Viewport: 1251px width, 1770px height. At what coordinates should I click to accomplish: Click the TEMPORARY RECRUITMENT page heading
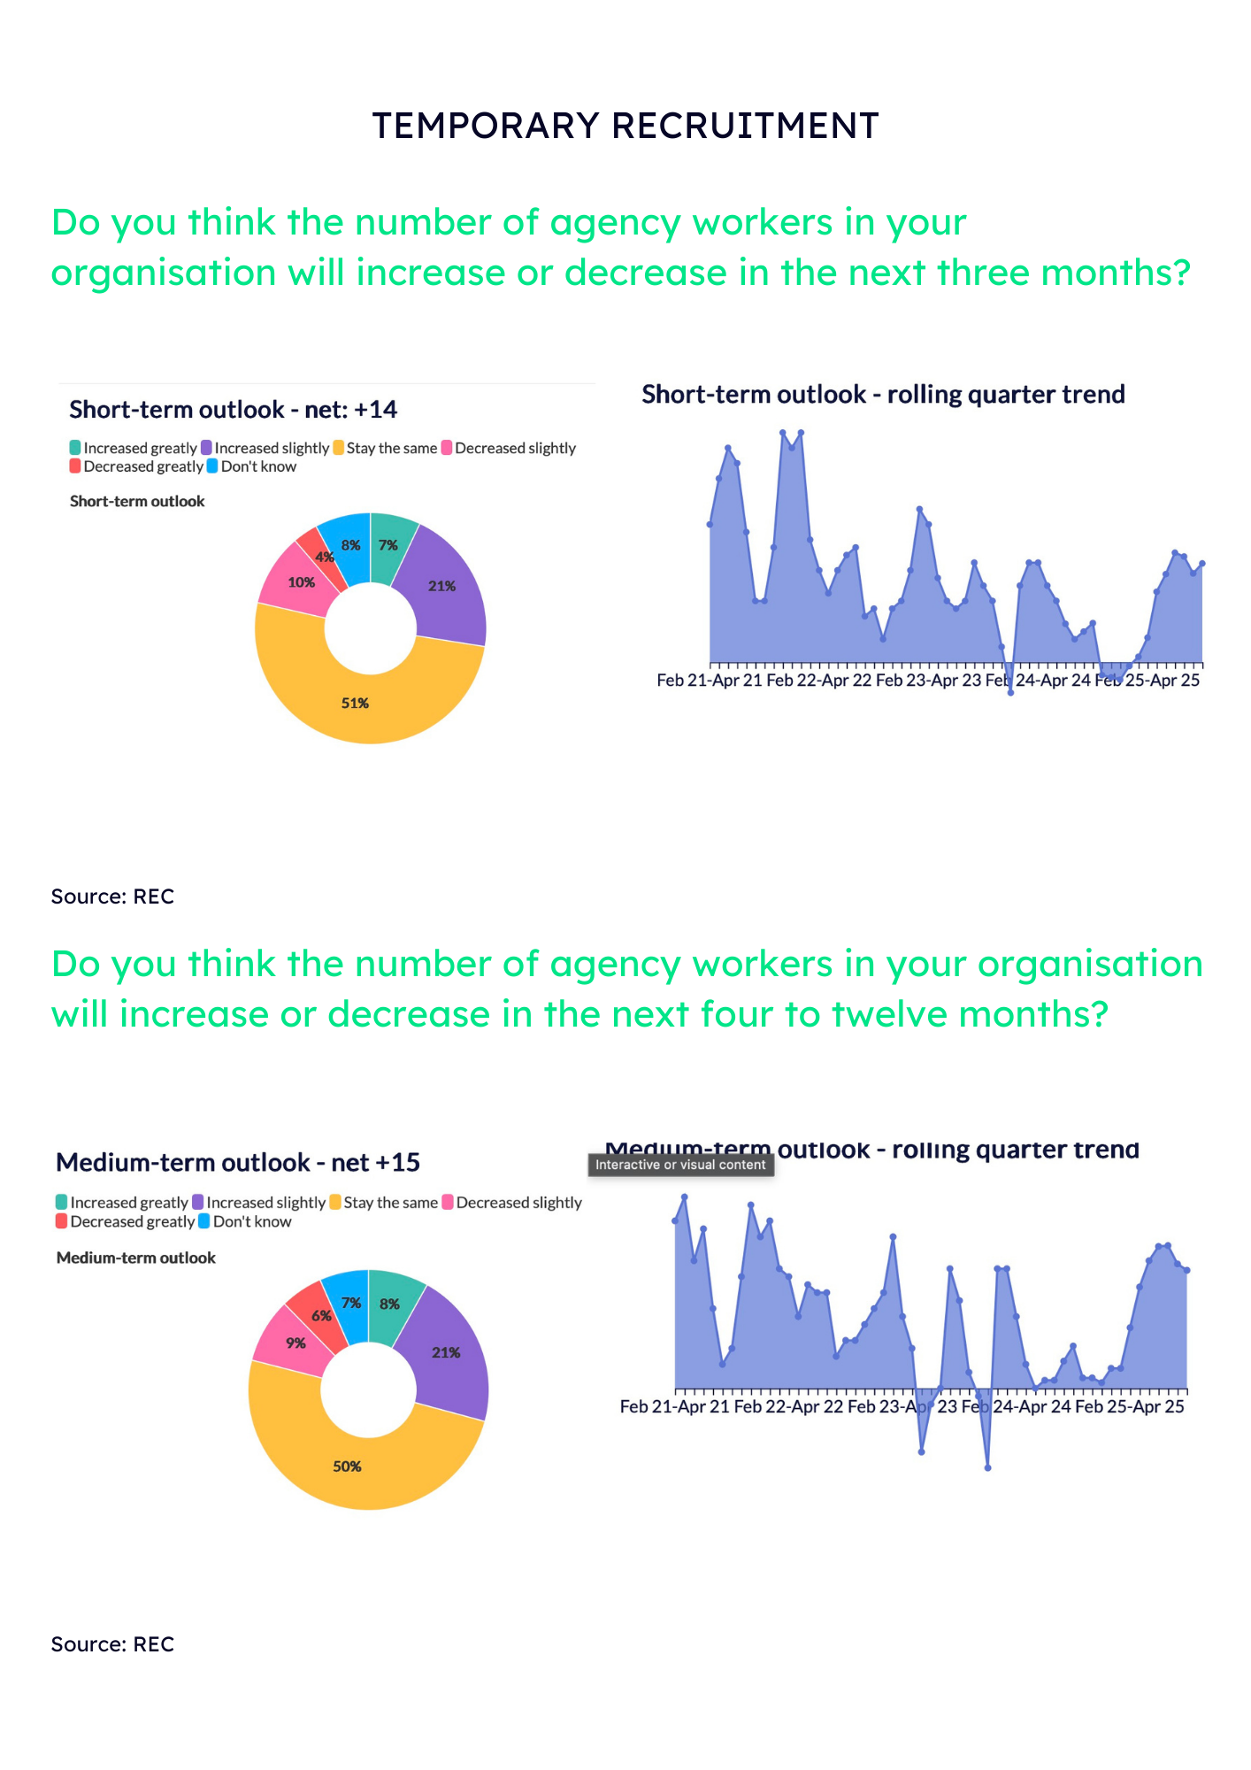tap(625, 126)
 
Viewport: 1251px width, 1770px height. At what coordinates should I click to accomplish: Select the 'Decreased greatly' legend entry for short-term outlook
tap(136, 466)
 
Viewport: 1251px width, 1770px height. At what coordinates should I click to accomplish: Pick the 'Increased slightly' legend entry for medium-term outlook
tap(258, 1203)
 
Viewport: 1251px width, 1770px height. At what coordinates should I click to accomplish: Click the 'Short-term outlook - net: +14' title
tap(233, 410)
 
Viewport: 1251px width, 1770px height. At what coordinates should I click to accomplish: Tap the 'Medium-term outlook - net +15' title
tap(237, 1162)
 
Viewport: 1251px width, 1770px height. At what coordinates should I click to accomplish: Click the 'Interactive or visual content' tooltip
tap(680, 1165)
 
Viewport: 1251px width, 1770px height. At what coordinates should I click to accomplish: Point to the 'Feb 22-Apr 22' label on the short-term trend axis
tap(819, 681)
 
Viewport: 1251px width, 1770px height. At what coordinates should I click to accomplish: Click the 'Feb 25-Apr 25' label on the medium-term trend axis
tap(1129, 1407)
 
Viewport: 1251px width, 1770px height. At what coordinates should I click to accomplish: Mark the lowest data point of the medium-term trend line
tap(987, 1468)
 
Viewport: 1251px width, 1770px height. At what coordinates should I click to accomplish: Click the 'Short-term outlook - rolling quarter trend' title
tap(883, 395)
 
